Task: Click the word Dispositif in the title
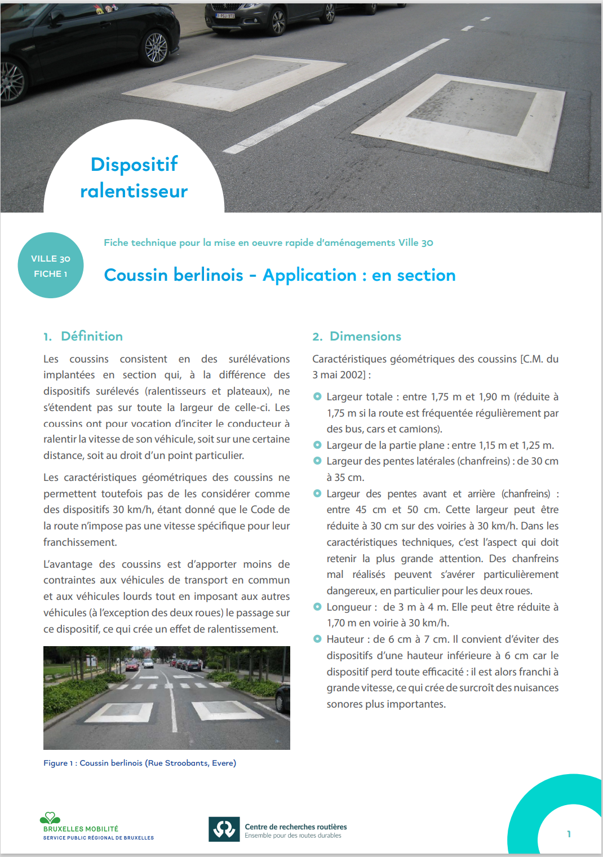point(134,165)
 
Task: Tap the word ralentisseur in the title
point(134,191)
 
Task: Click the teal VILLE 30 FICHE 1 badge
point(51,266)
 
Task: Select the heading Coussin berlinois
point(174,275)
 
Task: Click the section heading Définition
point(91,337)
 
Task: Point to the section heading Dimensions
point(365,337)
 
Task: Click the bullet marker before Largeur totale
point(317,397)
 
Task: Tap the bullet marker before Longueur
point(317,607)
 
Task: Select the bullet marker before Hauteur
point(317,639)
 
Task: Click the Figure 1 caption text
point(140,763)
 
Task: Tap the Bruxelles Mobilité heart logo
point(50,818)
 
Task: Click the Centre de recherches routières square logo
point(224,829)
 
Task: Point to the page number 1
point(569,834)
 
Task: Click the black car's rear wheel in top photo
point(156,47)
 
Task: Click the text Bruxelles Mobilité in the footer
point(81,829)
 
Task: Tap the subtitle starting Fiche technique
point(268,243)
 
